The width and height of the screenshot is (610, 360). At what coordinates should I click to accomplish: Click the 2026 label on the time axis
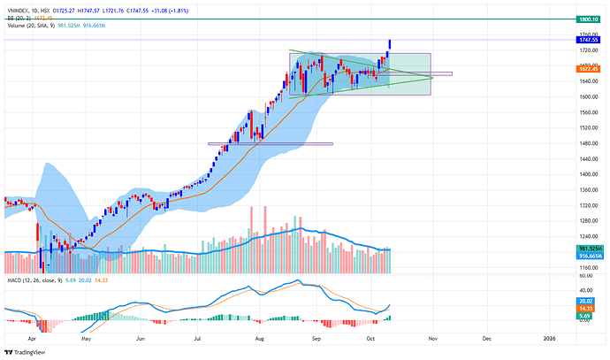coord(550,338)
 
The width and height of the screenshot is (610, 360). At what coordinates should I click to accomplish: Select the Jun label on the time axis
coord(141,338)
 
